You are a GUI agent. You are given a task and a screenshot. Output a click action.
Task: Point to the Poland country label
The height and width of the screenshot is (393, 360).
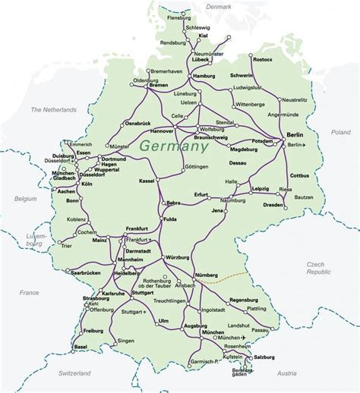coord(340,132)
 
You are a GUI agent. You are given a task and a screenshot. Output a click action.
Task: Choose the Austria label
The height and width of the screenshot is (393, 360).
coord(287,373)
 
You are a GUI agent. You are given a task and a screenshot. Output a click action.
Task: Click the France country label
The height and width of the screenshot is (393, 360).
coord(29,292)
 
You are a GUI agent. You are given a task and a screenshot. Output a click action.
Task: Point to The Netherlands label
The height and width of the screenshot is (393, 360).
coord(53,110)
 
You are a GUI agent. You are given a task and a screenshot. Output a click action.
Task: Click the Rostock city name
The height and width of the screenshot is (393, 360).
coord(262,60)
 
